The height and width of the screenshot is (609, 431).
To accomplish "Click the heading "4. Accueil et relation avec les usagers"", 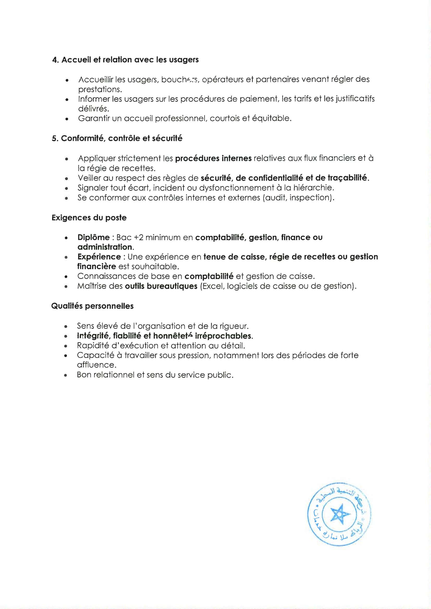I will [x=125, y=60].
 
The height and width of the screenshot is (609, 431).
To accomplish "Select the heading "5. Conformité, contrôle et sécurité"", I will [x=117, y=139].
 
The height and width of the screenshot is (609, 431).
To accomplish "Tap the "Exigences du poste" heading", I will [x=89, y=218].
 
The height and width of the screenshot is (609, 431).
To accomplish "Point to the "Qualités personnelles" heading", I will [x=92, y=306].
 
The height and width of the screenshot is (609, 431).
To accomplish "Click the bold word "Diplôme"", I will [x=94, y=237].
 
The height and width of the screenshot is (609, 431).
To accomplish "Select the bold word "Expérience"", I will [x=99, y=257].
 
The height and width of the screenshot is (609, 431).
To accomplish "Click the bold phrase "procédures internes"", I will [x=213, y=158].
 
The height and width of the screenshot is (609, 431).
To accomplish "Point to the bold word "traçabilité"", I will [x=348, y=178].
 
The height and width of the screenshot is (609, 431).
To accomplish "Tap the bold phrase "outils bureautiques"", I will [x=161, y=286].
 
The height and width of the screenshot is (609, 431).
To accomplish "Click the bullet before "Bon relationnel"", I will [x=65, y=375].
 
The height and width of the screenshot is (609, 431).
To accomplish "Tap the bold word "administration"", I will [x=104, y=247].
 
